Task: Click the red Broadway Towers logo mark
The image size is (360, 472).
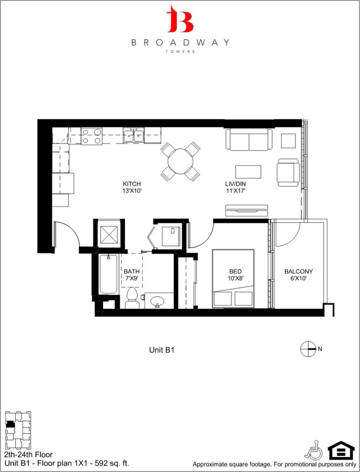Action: pyautogui.click(x=179, y=19)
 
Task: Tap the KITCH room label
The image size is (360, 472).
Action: pyautogui.click(x=132, y=184)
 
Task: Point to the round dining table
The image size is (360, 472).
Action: pyautogui.click(x=180, y=161)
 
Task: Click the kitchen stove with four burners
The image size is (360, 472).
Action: pyautogui.click(x=92, y=136)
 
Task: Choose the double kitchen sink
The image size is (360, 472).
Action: pyautogui.click(x=134, y=136)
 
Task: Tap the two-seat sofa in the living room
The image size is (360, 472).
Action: pyautogui.click(x=249, y=140)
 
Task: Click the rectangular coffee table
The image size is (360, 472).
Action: pyautogui.click(x=248, y=172)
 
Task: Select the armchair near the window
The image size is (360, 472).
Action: pyautogui.click(x=288, y=172)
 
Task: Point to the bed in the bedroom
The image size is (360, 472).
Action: pyautogui.click(x=233, y=278)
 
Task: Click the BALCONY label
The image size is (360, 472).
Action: pyautogui.click(x=298, y=271)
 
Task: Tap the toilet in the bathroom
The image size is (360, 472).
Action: pyautogui.click(x=132, y=298)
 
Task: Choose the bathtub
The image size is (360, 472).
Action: pyautogui.click(x=108, y=274)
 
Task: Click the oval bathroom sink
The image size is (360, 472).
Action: pyautogui.click(x=157, y=301)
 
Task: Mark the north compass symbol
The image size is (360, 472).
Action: pyautogui.click(x=308, y=349)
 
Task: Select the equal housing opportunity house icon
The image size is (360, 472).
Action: pyautogui.click(x=341, y=450)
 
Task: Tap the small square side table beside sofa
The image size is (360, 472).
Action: pyautogui.click(x=288, y=141)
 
